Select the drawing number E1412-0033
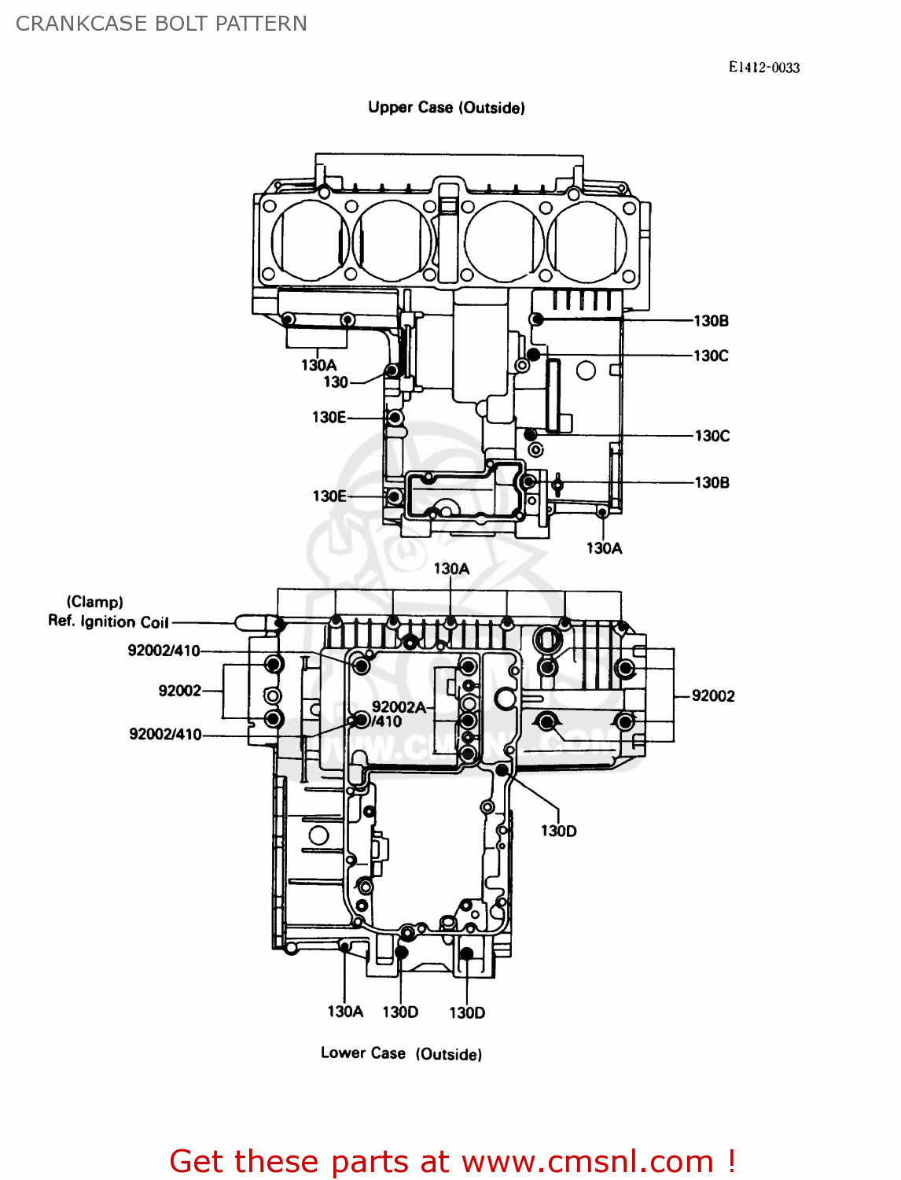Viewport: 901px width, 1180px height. point(763,68)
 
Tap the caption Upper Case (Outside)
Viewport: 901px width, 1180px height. point(446,108)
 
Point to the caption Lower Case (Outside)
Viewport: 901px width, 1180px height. point(401,1053)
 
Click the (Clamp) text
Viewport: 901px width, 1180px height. point(94,602)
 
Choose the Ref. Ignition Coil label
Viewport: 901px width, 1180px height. point(108,621)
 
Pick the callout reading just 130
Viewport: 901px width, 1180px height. point(336,382)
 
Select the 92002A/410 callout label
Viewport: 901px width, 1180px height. point(399,714)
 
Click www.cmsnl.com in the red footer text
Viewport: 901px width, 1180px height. point(587,1162)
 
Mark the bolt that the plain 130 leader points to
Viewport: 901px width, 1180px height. point(391,370)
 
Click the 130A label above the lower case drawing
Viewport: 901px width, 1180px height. point(451,569)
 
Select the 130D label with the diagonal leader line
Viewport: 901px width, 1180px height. point(558,831)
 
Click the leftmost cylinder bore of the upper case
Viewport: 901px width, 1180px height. point(310,240)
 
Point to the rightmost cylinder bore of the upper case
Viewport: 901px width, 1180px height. point(587,241)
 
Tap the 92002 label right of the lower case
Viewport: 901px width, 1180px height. point(713,695)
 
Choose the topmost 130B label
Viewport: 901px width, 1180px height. point(711,321)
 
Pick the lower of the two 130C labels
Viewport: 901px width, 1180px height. point(712,436)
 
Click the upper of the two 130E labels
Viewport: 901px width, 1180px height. point(329,418)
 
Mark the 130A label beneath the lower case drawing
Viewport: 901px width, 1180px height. point(345,1012)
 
